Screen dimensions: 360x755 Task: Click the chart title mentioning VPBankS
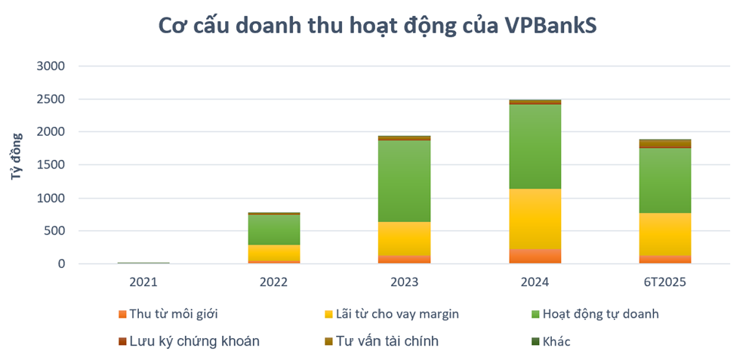click(377, 25)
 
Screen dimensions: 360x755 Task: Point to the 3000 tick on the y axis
click(51, 66)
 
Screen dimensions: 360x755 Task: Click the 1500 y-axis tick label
click(51, 165)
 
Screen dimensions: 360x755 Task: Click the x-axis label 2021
click(143, 282)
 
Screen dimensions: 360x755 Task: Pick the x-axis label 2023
click(404, 282)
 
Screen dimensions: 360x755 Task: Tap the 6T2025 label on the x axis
click(665, 282)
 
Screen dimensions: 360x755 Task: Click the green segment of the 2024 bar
click(535, 146)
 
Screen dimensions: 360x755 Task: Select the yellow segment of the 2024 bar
click(535, 219)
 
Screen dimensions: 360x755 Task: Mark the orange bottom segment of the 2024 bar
click(535, 257)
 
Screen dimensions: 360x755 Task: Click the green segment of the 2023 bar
click(404, 181)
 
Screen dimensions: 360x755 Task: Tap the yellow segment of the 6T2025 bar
click(665, 234)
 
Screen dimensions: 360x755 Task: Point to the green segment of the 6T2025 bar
click(665, 180)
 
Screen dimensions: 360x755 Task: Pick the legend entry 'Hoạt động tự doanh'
click(596, 314)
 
